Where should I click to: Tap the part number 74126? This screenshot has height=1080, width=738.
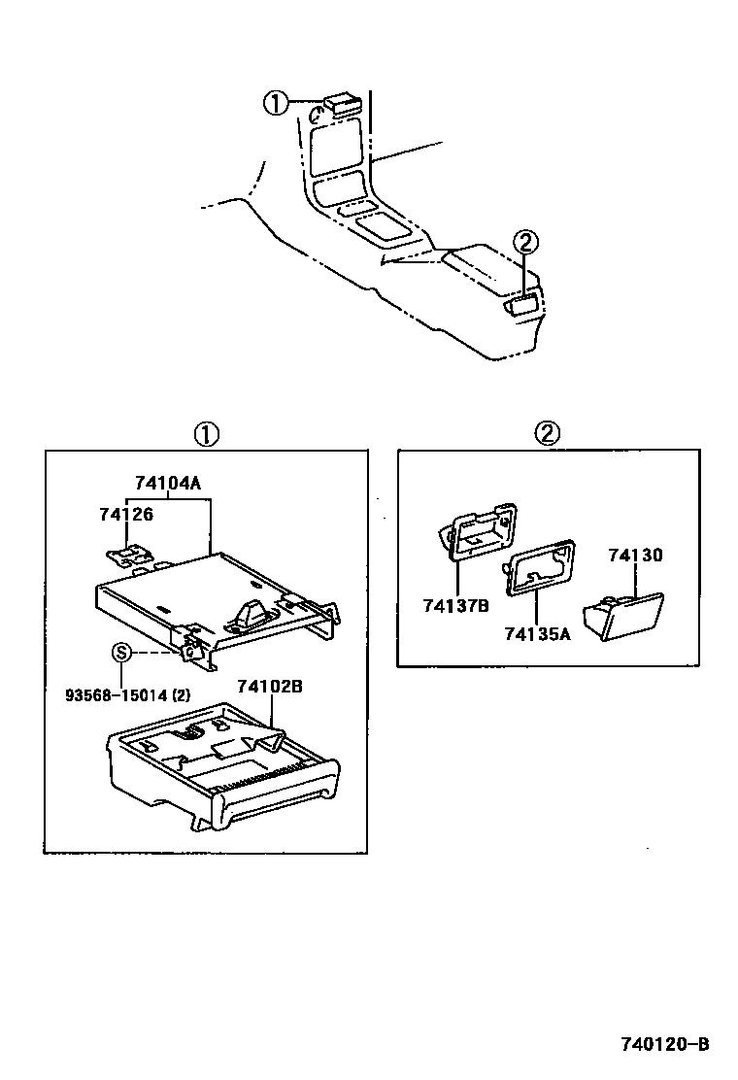pyautogui.click(x=126, y=514)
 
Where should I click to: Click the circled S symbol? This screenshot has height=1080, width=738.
pyautogui.click(x=121, y=652)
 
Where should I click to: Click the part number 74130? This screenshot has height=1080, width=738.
pyautogui.click(x=635, y=556)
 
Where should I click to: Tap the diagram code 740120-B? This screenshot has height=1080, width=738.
pyautogui.click(x=666, y=1045)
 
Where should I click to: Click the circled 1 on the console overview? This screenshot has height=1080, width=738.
pyautogui.click(x=278, y=102)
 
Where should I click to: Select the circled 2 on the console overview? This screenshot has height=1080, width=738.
pyautogui.click(x=524, y=242)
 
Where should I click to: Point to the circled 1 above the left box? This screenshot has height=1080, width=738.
pyautogui.click(x=206, y=433)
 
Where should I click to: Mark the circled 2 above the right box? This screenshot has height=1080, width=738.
pyautogui.click(x=549, y=433)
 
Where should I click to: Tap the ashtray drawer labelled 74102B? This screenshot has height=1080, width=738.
pyautogui.click(x=223, y=767)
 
